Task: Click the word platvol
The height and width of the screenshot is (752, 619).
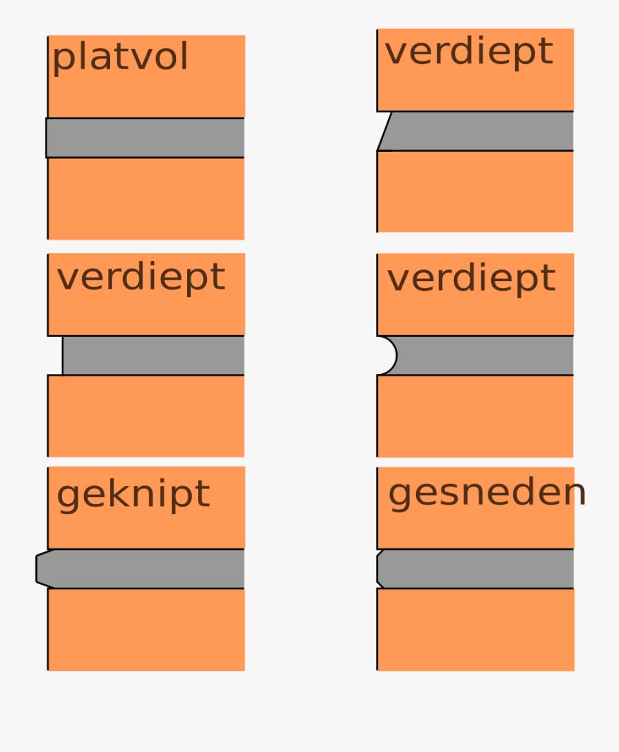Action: [x=120, y=58]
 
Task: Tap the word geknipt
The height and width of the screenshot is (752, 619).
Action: [x=133, y=494]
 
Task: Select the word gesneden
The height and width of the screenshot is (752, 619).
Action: [x=486, y=493]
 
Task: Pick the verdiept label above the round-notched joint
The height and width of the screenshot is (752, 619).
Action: [x=471, y=278]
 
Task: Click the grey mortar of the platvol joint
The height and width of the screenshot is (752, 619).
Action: [x=145, y=137]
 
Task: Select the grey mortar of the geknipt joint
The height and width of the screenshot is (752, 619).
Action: [x=140, y=568]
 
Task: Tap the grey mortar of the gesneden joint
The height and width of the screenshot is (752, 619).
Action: [x=475, y=568]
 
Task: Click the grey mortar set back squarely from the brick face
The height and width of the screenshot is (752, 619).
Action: [x=153, y=355]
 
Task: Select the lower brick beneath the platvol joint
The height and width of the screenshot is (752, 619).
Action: [x=146, y=199]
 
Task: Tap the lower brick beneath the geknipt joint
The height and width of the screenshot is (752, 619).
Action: [x=146, y=630]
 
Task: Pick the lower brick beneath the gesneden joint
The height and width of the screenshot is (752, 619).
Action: [x=475, y=630]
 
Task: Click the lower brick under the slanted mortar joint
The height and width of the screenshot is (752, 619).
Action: [x=475, y=192]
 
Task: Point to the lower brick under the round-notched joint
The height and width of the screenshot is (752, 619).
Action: [x=475, y=417]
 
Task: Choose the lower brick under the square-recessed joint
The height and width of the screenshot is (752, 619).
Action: [x=146, y=417]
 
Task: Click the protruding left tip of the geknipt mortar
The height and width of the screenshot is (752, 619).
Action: [x=36, y=568]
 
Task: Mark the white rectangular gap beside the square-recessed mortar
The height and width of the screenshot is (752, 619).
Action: [x=55, y=355]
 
